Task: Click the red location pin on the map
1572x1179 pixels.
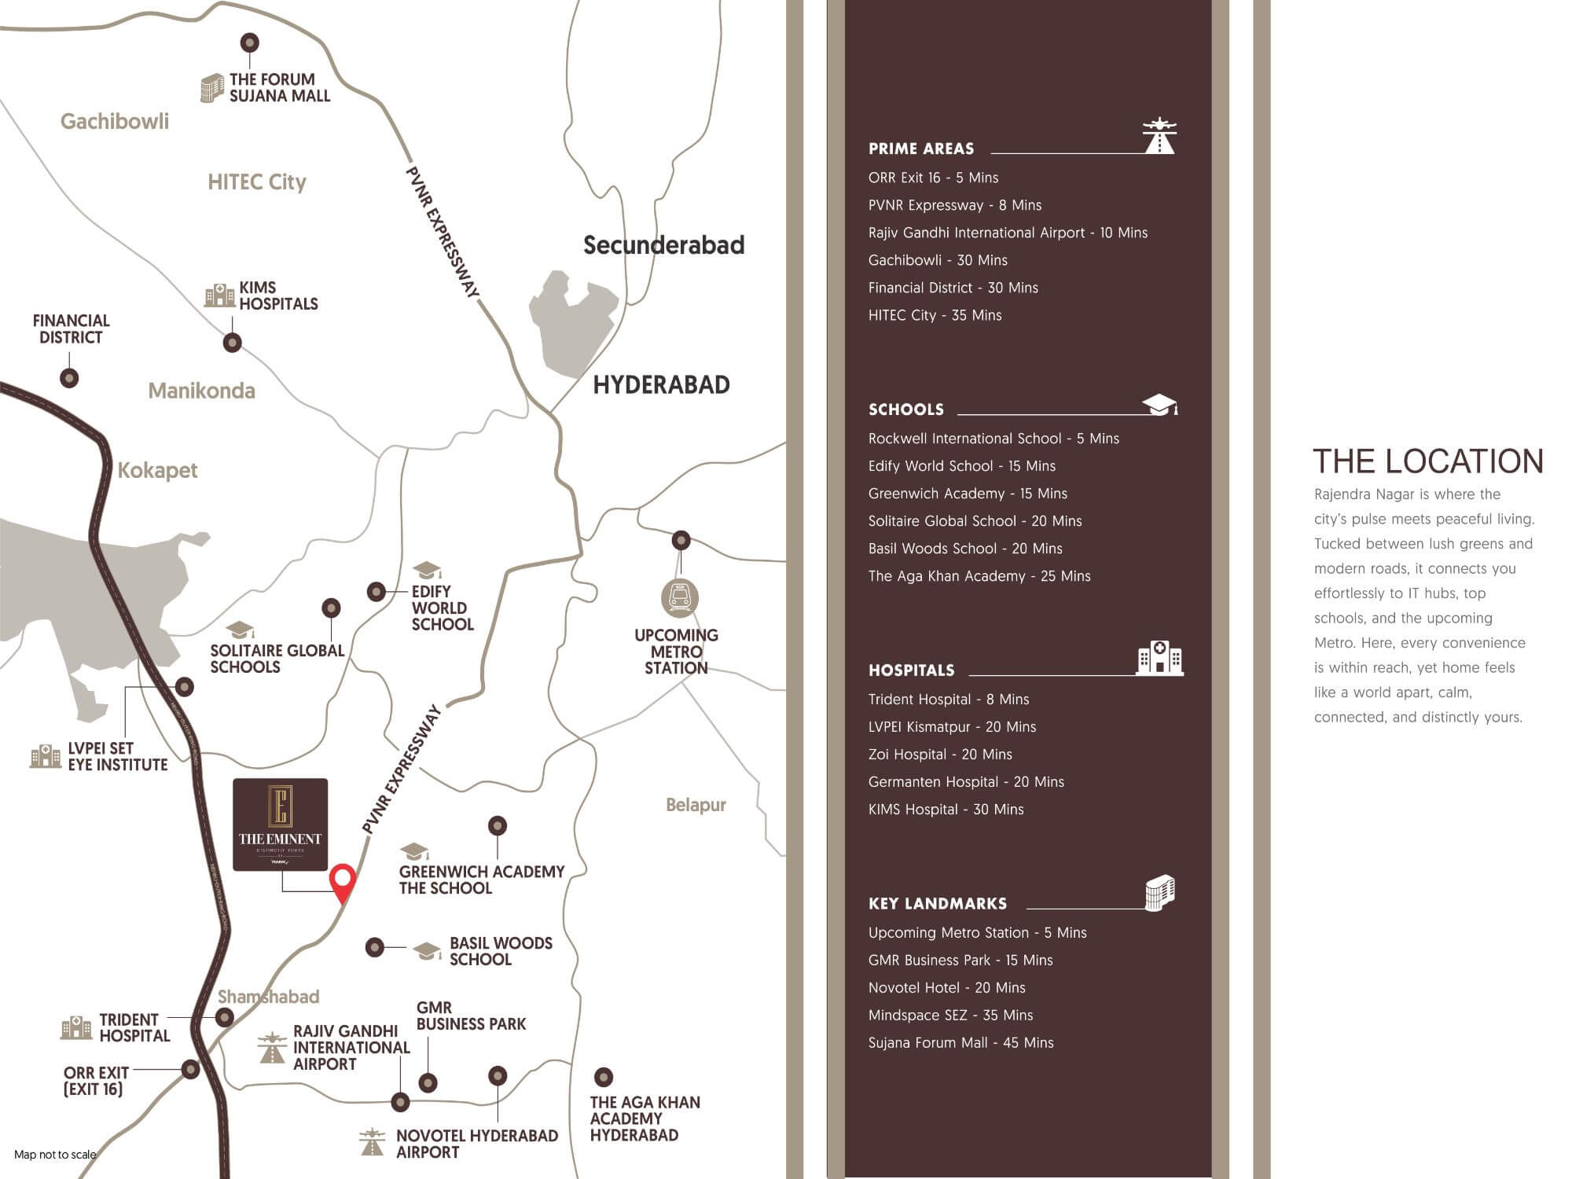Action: (x=342, y=880)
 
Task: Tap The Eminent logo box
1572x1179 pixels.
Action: (x=281, y=824)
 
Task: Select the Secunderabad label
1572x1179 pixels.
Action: (x=663, y=245)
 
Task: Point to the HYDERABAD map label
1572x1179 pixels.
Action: (x=661, y=384)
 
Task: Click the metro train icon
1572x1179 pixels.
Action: (x=680, y=598)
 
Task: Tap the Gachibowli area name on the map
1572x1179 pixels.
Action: (x=115, y=121)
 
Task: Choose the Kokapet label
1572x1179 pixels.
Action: (x=157, y=470)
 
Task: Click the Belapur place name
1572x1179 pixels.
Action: (x=696, y=805)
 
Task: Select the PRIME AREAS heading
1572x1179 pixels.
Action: (x=921, y=149)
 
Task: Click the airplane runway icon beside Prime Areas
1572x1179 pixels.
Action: (x=1159, y=136)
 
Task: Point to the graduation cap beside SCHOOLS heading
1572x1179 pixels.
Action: (x=1159, y=405)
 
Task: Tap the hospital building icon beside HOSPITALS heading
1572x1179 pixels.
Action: (x=1159, y=658)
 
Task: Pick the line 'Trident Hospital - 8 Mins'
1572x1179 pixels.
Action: (x=949, y=700)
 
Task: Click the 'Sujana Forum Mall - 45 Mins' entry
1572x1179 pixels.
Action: (x=960, y=1043)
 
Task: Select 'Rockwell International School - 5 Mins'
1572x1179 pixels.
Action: (x=994, y=439)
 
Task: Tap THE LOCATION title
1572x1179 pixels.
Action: (x=1428, y=461)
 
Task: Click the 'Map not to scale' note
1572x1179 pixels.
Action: (x=55, y=1155)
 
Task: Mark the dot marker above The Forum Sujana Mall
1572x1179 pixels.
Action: (x=250, y=42)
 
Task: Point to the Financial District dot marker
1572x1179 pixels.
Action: (x=69, y=378)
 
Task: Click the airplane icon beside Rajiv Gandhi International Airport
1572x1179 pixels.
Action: (x=272, y=1048)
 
